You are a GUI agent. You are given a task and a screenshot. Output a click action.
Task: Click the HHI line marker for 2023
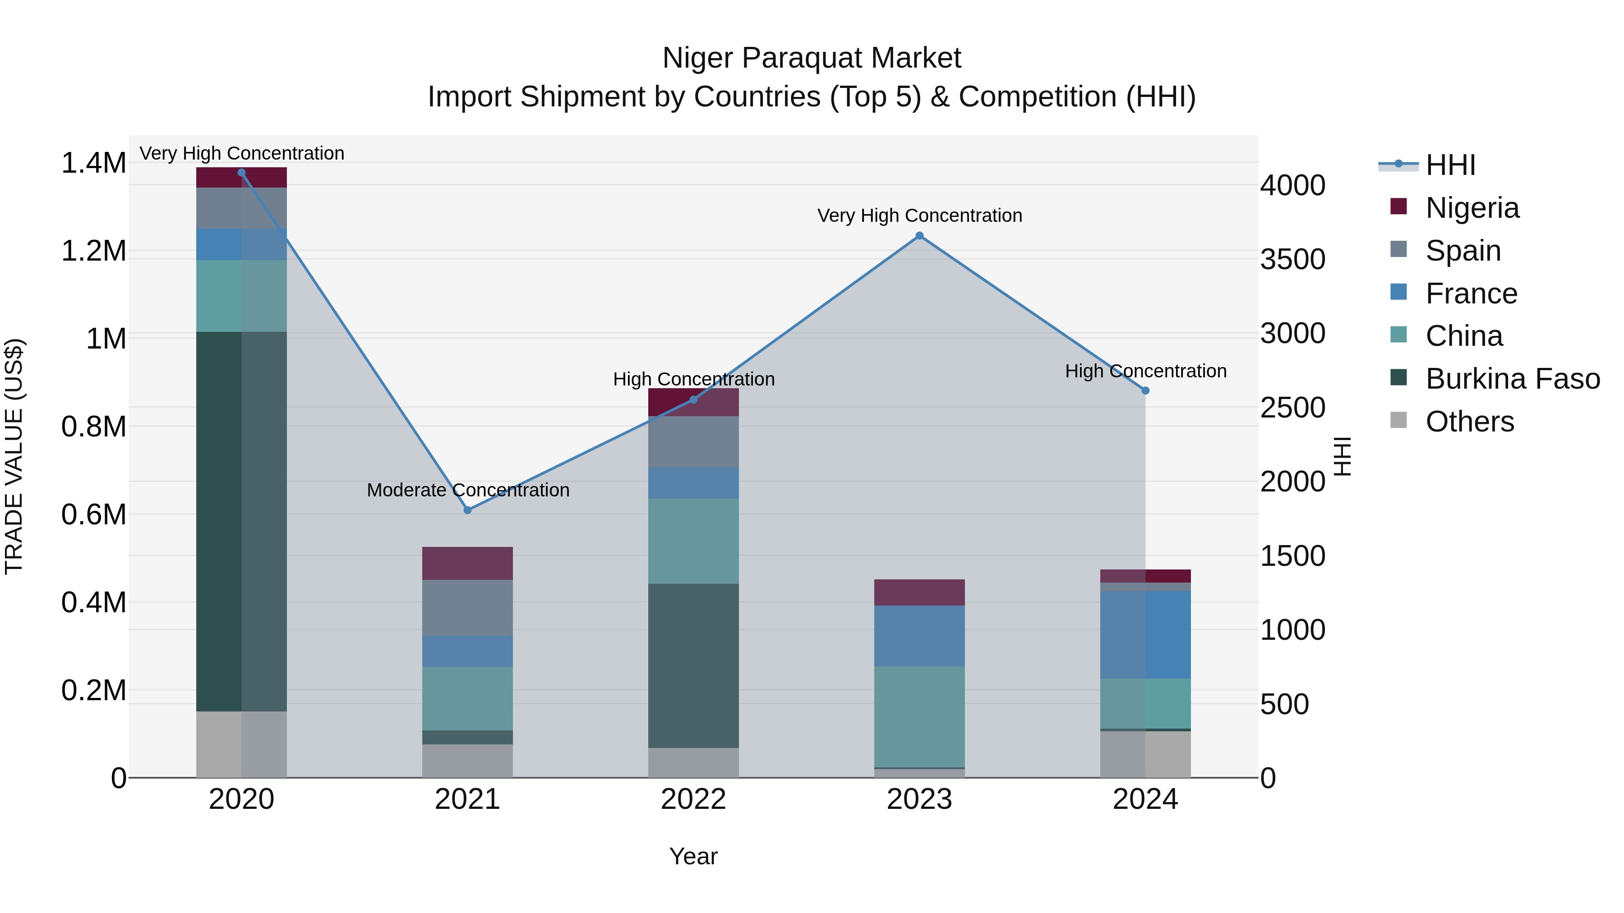coord(919,236)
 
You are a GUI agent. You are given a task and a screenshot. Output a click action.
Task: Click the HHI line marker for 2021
coord(468,510)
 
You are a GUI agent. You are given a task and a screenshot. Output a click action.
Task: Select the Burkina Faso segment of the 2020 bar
coord(241,521)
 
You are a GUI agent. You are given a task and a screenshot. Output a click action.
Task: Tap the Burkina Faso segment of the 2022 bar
coord(693,665)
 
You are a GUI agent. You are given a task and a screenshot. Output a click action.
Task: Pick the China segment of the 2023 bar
coord(919,716)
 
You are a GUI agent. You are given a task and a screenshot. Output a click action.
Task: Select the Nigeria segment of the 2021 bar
coord(468,563)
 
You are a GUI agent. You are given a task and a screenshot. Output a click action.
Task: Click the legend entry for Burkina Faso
coord(1512,379)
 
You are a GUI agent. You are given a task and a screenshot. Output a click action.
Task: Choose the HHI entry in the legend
coord(1450,165)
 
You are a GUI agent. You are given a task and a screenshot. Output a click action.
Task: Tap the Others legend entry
coord(1469,422)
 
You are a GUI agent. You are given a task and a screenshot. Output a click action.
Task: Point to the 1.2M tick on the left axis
coord(93,251)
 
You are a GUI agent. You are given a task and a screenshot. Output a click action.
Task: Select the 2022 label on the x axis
coord(693,799)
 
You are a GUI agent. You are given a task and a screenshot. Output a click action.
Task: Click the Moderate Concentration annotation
coord(468,490)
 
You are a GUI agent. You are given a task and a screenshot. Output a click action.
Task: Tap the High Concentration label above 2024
coord(1145,371)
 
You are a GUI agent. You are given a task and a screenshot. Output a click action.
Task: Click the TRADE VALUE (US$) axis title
coord(14,456)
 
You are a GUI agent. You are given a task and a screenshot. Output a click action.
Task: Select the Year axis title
coord(693,856)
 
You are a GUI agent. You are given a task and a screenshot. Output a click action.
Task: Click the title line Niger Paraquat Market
coord(812,58)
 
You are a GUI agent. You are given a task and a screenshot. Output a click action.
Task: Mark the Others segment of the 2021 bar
coord(468,761)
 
